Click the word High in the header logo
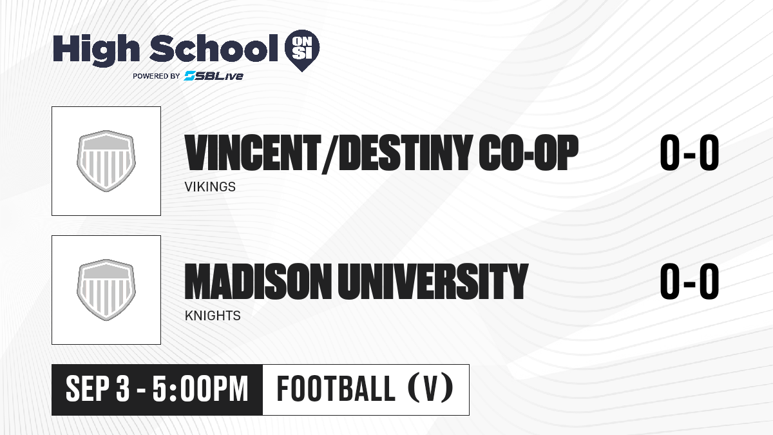coord(96,50)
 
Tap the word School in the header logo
coord(214,48)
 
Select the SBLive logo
coord(213,76)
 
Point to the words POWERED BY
coord(157,76)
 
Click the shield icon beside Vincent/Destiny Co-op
coord(106,161)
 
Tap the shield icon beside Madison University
coord(106,290)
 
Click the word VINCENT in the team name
coord(253,153)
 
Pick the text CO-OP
coord(528,153)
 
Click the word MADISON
coord(256,282)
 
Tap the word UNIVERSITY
coord(433,282)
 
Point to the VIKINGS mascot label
coord(210,187)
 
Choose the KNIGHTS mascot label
coord(213,316)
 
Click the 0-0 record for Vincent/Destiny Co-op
coord(689,153)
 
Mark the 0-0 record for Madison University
coord(689,282)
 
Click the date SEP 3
coord(98,389)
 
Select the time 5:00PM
coord(200,389)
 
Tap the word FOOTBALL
coord(336,389)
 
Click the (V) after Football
coord(430,389)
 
